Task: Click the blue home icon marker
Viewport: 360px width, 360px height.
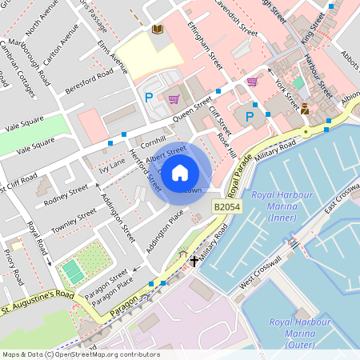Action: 180,171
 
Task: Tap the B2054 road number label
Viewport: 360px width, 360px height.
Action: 228,206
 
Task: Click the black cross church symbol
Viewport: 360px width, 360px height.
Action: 193,261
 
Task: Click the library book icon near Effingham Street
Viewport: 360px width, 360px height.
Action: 157,29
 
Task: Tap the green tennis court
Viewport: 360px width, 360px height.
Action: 74,270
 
